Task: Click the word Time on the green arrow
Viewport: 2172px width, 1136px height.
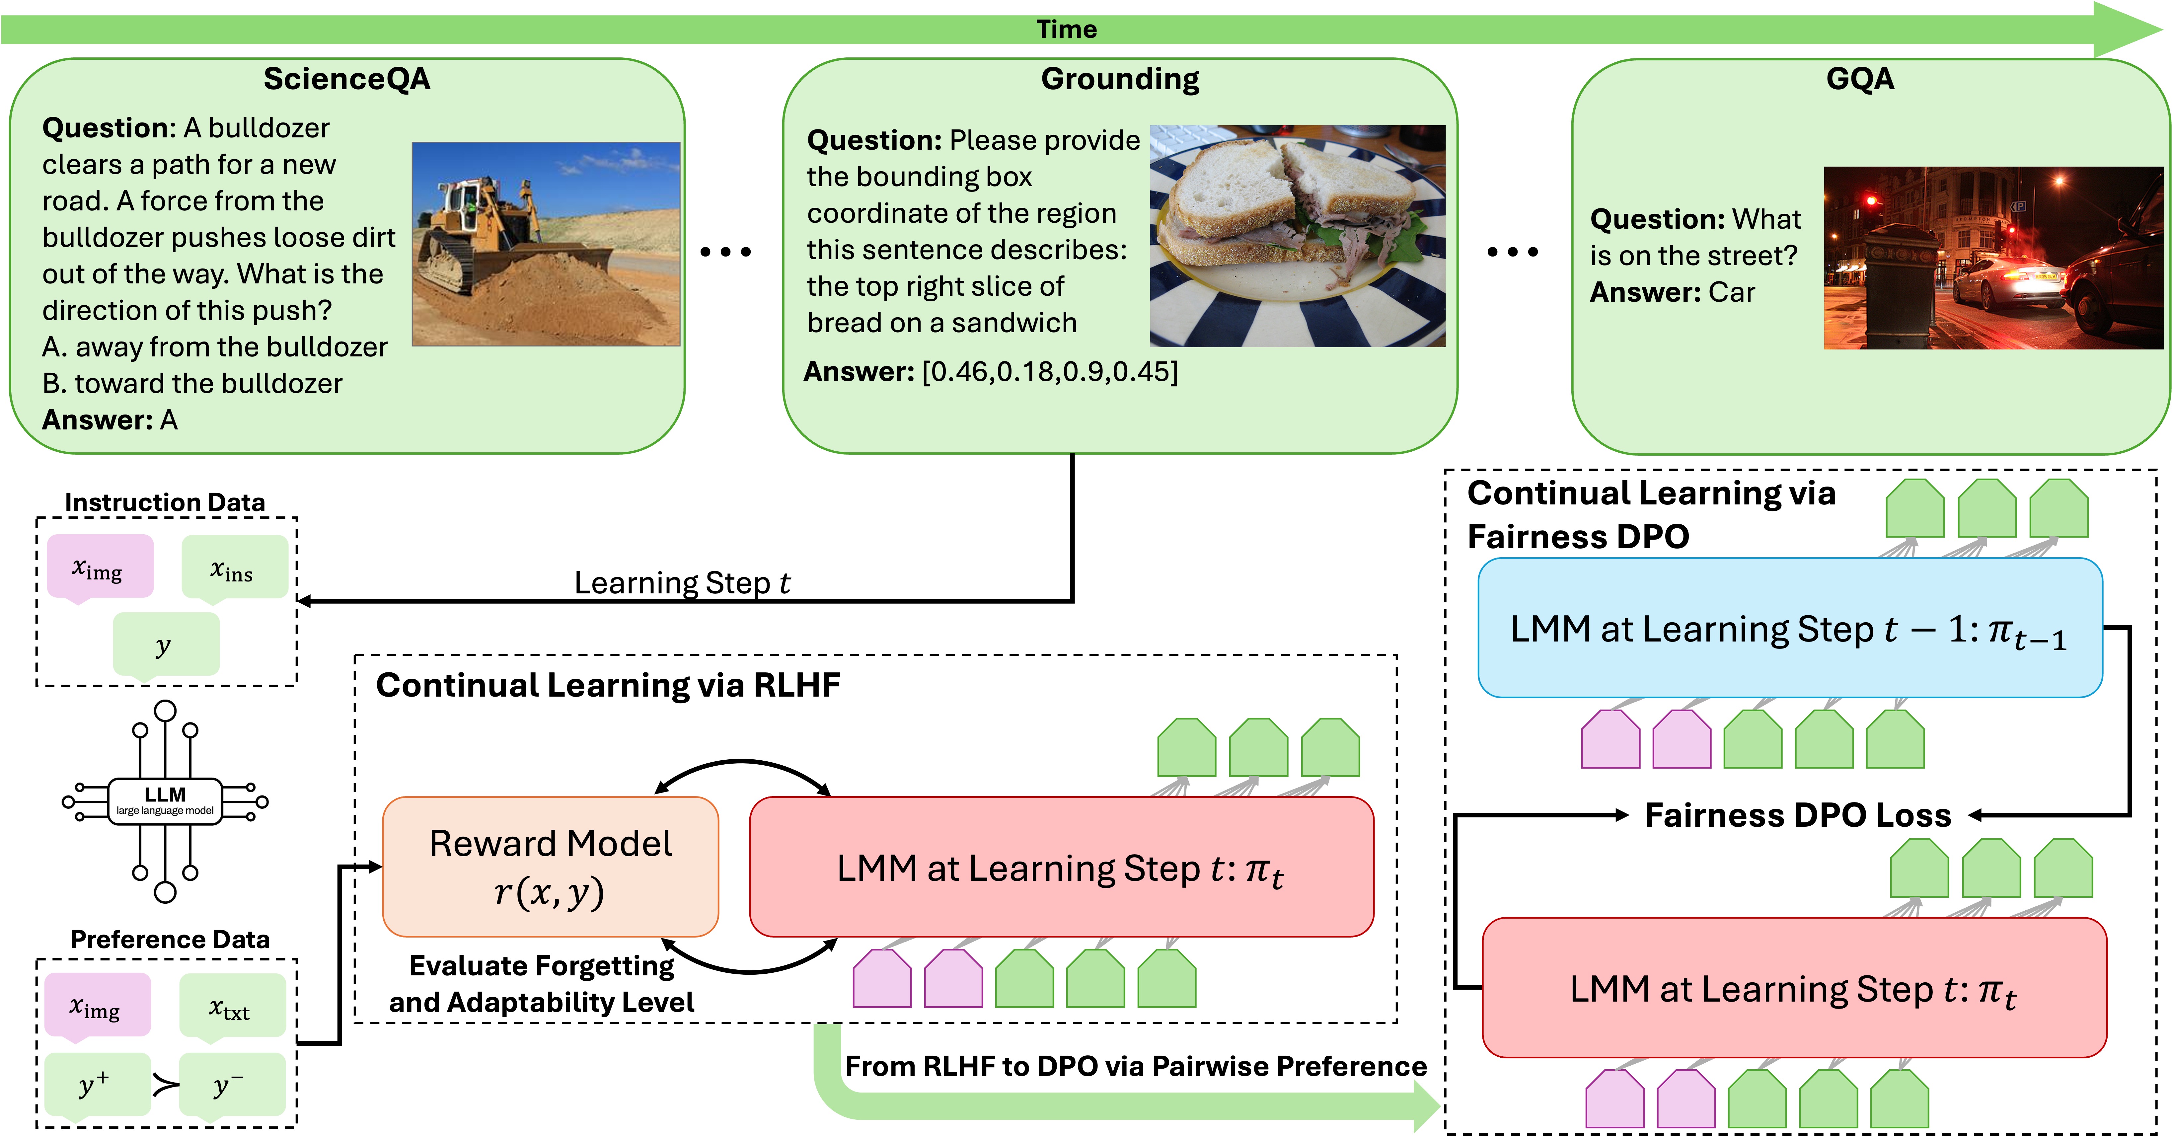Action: coord(1067,30)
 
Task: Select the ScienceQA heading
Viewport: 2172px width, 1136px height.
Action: coord(346,79)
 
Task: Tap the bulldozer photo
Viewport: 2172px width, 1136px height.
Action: coord(546,244)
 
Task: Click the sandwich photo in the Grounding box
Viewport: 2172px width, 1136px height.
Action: coord(1297,236)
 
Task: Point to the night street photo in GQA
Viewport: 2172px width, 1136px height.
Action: coord(1992,258)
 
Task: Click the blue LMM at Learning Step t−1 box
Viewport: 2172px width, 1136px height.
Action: coord(1789,628)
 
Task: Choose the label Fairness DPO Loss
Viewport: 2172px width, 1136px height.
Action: coord(1798,815)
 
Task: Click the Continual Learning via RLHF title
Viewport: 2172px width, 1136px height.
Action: coord(608,685)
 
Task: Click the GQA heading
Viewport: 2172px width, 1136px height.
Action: coord(1860,79)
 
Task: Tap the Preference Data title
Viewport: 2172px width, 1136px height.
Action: coord(170,940)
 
